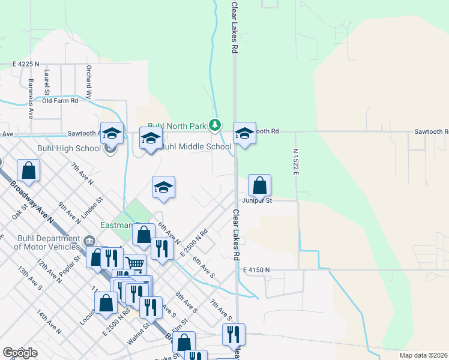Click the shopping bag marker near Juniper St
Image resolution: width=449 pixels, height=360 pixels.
259,186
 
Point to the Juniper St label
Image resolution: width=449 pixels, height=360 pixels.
258,200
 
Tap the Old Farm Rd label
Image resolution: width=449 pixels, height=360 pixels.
60,101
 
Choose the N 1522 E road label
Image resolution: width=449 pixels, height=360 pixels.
296,163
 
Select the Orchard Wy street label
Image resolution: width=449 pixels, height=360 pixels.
88,82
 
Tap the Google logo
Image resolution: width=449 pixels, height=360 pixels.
20,353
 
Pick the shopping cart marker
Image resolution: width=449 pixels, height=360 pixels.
136,263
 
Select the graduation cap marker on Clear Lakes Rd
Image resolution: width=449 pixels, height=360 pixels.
244,134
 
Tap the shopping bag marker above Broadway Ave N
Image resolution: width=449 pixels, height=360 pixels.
28,171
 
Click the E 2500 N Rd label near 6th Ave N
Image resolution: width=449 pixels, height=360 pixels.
194,242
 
